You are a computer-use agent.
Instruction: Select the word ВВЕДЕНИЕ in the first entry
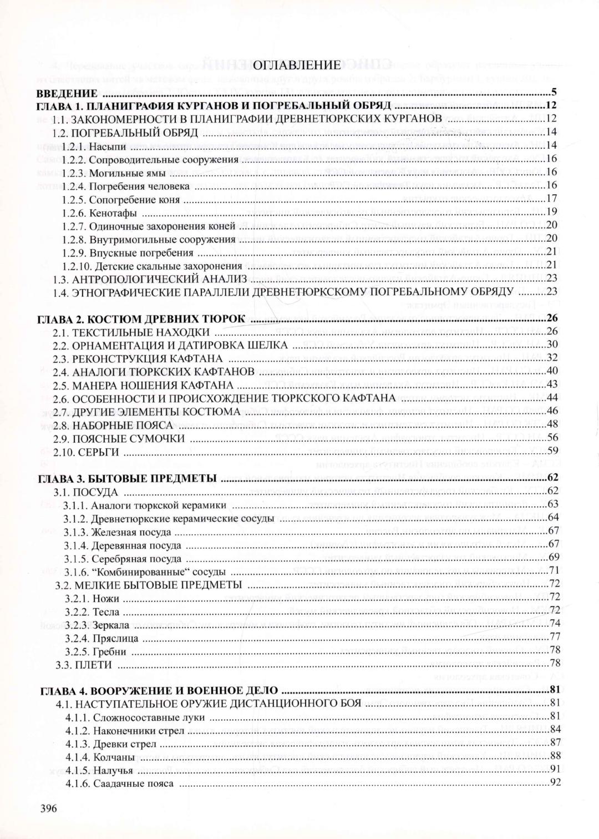(67, 93)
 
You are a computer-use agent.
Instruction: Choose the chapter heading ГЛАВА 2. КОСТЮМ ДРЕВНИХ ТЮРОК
(143, 319)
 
